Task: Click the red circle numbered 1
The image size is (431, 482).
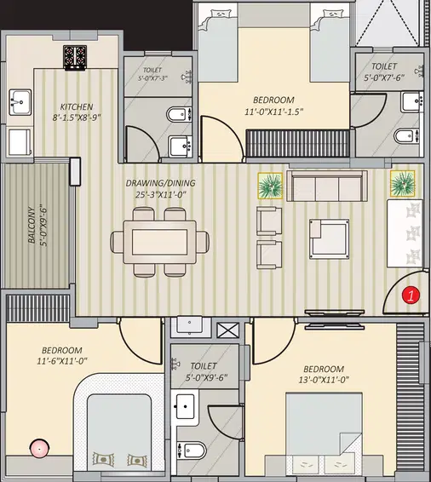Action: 411,295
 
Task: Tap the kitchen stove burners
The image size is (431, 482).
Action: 75,58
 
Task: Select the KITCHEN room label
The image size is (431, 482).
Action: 77,106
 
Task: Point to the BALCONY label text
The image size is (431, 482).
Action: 32,225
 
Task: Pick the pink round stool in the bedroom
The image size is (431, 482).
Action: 39,449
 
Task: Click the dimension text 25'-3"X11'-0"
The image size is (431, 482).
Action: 161,194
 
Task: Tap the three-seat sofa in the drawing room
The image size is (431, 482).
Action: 327,186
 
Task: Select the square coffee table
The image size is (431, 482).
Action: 329,239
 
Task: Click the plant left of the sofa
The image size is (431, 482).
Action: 270,186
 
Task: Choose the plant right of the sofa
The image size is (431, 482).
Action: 402,183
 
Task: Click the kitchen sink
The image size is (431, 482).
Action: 20,102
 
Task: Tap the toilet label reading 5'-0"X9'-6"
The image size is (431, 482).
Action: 206,377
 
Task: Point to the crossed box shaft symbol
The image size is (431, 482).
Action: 227,330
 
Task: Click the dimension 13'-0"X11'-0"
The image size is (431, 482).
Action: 324,380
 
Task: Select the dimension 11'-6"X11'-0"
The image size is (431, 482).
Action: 62,360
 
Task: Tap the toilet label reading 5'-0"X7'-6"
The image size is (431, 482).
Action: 384,77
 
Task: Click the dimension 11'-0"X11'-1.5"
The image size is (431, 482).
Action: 274,112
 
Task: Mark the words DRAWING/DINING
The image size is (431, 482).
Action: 160,183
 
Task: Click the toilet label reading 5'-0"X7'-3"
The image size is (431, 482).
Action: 152,78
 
